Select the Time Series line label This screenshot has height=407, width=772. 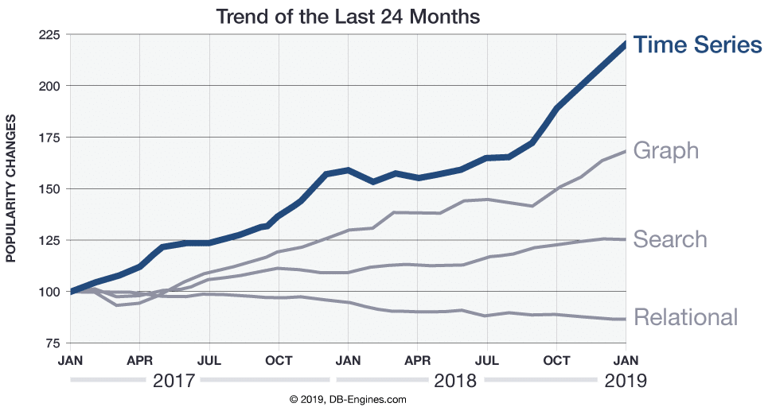(697, 45)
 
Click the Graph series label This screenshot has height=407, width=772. (665, 150)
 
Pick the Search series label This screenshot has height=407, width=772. (669, 239)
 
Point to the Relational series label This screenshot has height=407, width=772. (685, 317)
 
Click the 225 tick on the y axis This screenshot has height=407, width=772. (49, 35)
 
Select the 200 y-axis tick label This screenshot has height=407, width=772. (49, 86)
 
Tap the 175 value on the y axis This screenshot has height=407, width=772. (49, 138)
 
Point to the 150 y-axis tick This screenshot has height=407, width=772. (49, 189)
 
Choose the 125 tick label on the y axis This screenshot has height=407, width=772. (49, 241)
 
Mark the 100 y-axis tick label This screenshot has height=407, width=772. (49, 292)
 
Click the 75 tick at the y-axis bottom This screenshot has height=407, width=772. (53, 343)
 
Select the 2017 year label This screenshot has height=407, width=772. (173, 381)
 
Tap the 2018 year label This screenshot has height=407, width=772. (454, 381)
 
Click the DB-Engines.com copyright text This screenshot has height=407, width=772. (347, 399)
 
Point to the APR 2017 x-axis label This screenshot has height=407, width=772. (139, 359)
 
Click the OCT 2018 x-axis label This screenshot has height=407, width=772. (556, 359)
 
